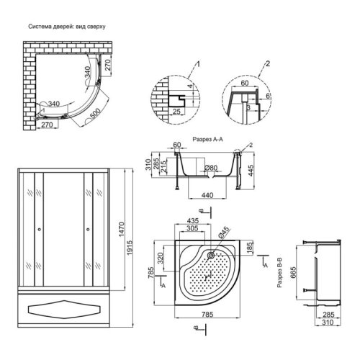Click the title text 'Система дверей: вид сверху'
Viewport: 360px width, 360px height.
click(x=67, y=27)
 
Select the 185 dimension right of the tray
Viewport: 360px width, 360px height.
click(x=249, y=247)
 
